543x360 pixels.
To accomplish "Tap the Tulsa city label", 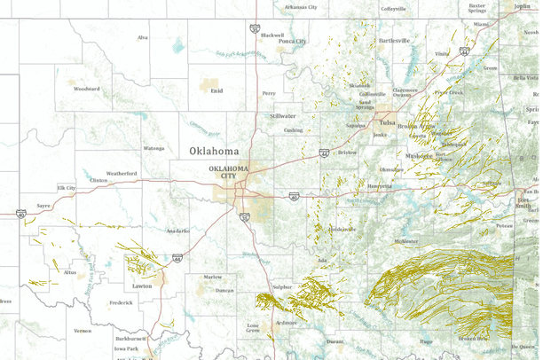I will (387, 122).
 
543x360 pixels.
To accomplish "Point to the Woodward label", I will (86, 89).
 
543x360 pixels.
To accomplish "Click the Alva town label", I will (142, 37).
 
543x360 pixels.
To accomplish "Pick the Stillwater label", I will (283, 115).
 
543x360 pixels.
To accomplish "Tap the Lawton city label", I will (142, 286).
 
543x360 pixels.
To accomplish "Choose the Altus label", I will (70, 272).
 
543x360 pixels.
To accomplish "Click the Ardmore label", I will (286, 323).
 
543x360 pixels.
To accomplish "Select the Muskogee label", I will (419, 156).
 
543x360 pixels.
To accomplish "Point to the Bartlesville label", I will (395, 40).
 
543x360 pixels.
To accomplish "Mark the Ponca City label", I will (293, 41).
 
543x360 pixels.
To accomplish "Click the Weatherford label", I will (122, 173).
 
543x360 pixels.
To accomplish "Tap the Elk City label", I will (67, 188).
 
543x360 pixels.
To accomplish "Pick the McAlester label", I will (406, 241).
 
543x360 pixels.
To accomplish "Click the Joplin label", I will (523, 6).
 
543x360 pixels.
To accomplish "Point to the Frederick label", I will (121, 302).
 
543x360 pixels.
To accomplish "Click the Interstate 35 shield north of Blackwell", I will (256, 28).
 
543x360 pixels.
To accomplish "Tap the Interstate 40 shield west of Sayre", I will (20, 214).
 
